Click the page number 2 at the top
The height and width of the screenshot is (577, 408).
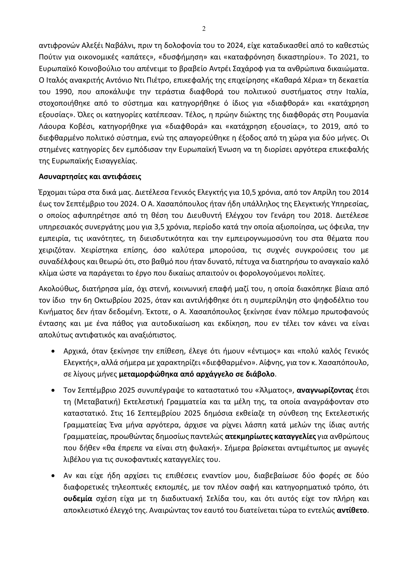pos(204,29)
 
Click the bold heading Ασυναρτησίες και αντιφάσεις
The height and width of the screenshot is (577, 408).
pos(90,177)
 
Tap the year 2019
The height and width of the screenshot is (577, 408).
pos(329,126)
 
